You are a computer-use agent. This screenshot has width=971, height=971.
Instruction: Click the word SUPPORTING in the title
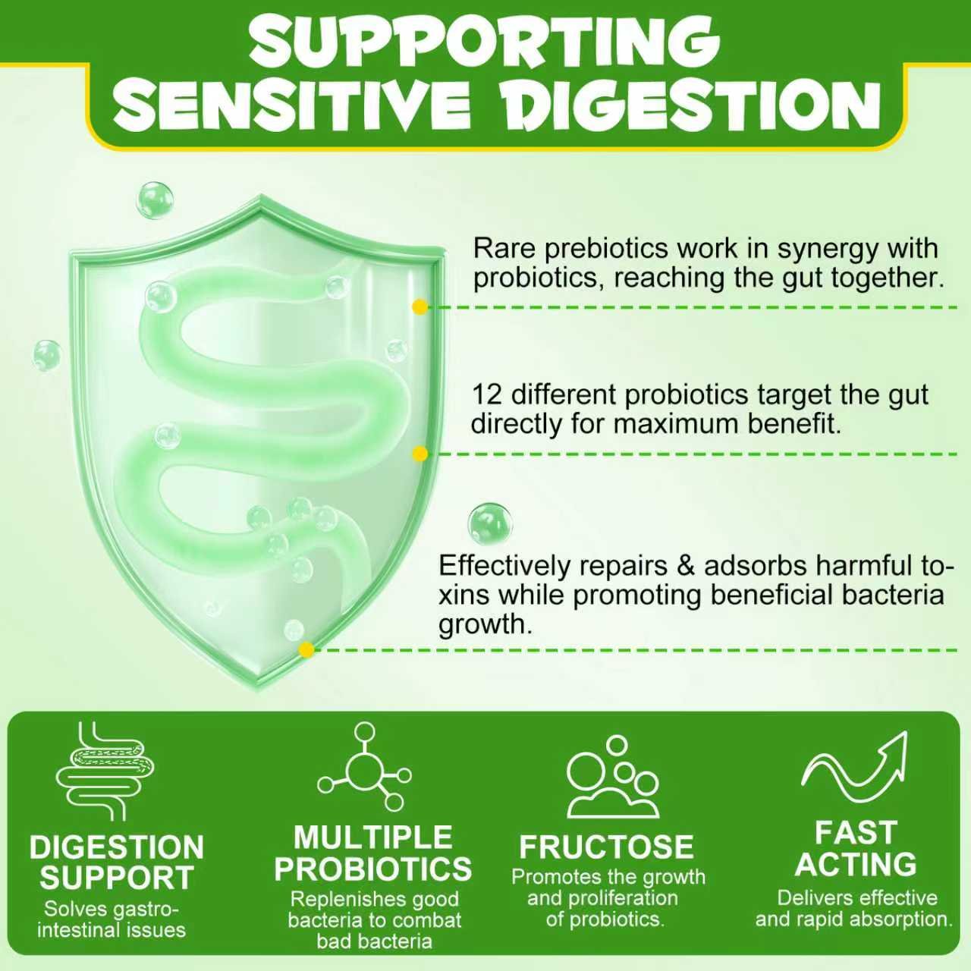pos(485,45)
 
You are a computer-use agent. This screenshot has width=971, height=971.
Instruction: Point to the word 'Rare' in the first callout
pos(504,248)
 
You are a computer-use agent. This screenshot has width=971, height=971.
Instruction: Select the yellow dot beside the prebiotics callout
pos(420,307)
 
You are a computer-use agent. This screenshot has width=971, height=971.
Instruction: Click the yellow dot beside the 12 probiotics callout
pos(420,454)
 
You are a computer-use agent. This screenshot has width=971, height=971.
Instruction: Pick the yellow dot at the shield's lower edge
pos(306,649)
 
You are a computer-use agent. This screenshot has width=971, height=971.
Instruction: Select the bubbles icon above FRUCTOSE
pos(612,777)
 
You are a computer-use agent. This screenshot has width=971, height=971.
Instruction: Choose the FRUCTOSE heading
pos(607,847)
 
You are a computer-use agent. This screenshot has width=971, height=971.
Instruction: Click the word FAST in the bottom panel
pos(856,832)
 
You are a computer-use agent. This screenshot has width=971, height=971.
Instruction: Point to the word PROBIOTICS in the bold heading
pos(373,869)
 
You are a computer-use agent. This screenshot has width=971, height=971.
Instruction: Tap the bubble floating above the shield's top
pos(155,200)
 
